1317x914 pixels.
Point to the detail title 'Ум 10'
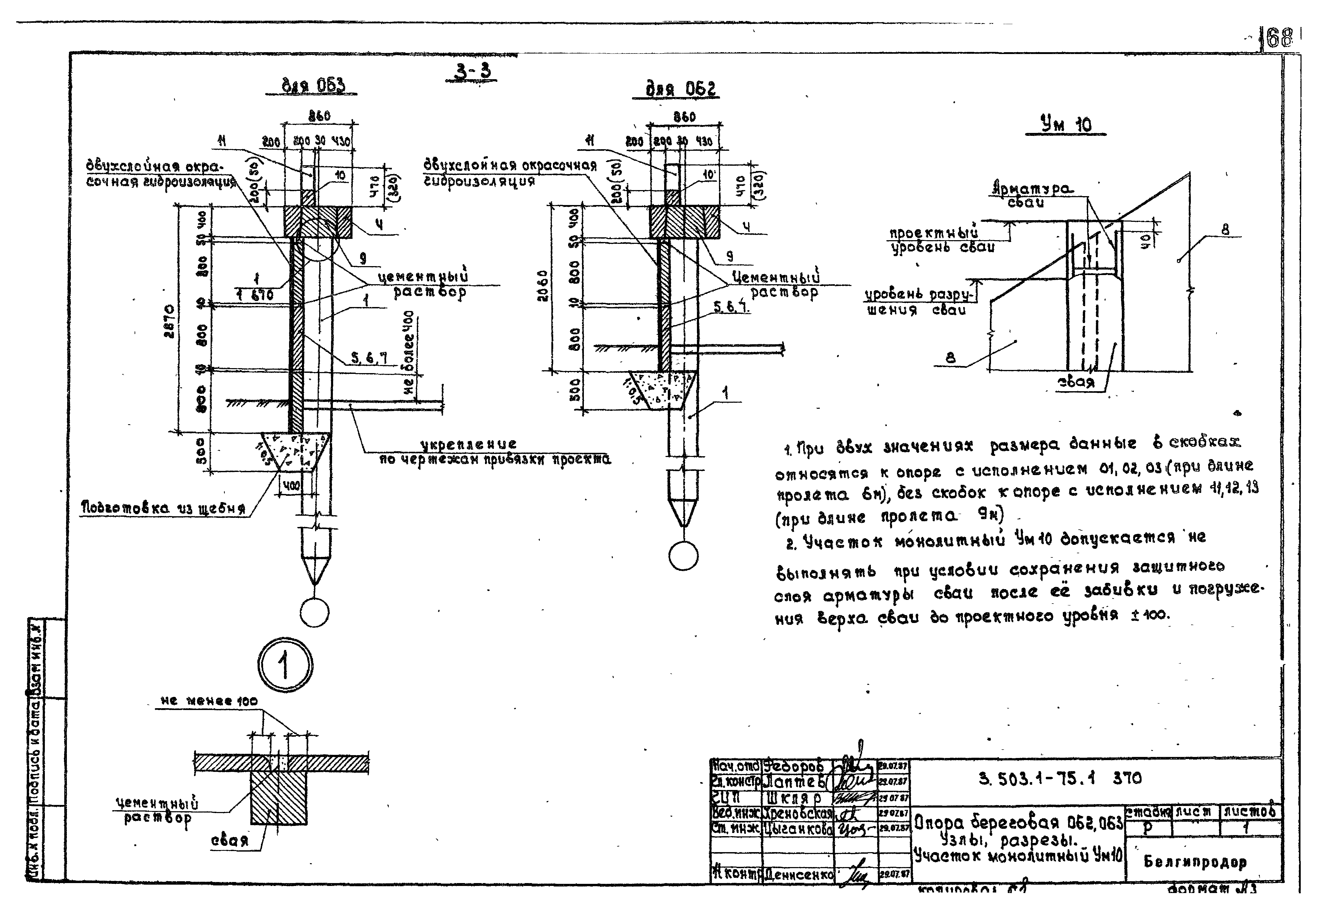(x=1065, y=125)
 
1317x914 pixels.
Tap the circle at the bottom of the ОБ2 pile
(x=683, y=556)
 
